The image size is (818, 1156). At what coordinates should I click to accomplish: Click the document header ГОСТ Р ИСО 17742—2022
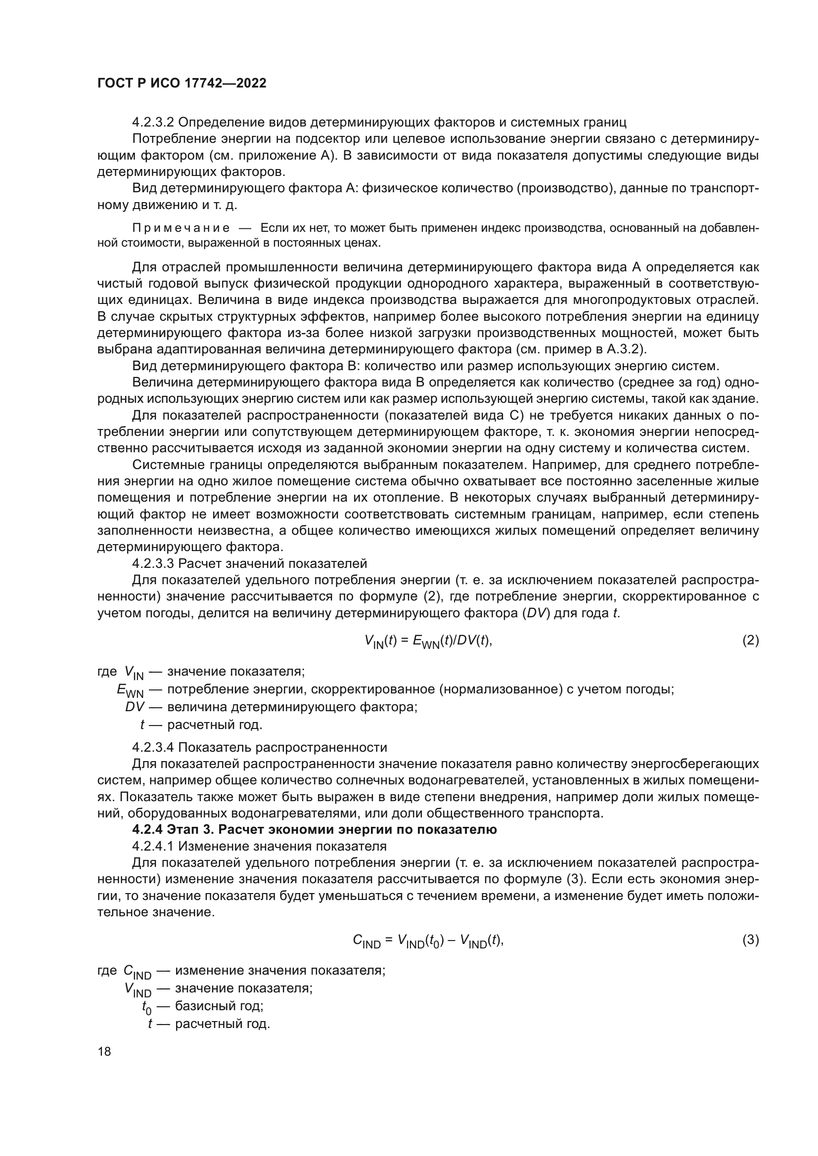(x=182, y=83)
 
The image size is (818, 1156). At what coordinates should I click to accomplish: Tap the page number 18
(x=104, y=1051)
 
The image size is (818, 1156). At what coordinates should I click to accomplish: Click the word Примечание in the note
(x=181, y=228)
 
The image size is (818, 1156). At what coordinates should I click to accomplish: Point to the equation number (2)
(x=751, y=641)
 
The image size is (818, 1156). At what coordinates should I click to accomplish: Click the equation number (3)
(x=751, y=940)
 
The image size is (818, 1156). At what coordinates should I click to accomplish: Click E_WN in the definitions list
(x=130, y=690)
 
